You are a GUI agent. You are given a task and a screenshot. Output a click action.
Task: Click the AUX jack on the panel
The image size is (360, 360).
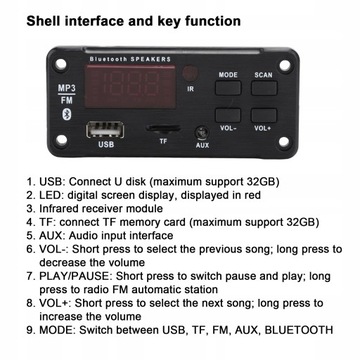click(x=201, y=130)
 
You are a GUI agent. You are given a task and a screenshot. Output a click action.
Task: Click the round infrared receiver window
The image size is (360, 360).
click(x=190, y=88)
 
